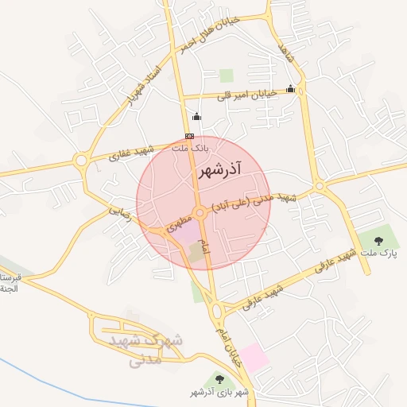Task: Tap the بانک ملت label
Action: pos(191,148)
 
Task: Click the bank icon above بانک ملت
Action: pos(189,136)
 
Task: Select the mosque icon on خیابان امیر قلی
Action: pos(290,89)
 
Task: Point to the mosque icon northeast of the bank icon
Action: pos(197,118)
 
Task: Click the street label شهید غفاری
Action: pos(132,152)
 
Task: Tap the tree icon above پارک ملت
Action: pos(378,239)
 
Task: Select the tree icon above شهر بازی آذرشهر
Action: pos(220,381)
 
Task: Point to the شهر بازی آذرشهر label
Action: pos(219,393)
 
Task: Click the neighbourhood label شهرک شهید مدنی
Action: pos(152,349)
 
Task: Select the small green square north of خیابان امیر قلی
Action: pos(227,76)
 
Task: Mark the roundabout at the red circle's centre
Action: pos(200,212)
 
